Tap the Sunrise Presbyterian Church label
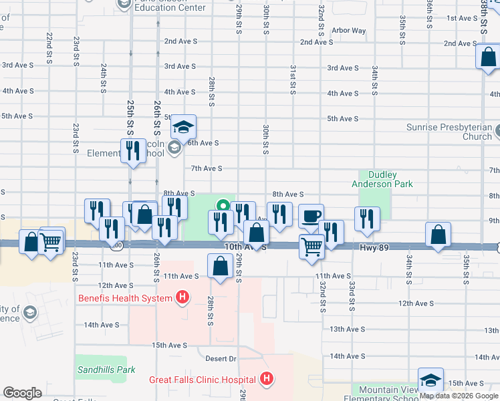coord(449,132)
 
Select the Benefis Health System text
coord(125,298)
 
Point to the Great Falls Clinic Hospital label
coord(203,380)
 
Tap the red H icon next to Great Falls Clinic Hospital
coord(267,380)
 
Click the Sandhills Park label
coord(106,370)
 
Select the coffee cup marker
coord(311,217)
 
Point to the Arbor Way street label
coord(348,31)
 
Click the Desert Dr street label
coord(223,359)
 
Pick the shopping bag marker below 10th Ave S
coord(221,267)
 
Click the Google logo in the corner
coord(22,393)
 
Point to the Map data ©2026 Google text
coord(459,396)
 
